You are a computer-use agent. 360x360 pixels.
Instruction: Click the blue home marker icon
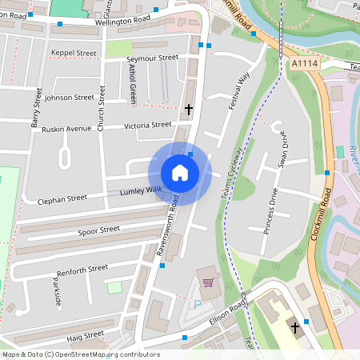(180, 173)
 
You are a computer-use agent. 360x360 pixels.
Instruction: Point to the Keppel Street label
(74, 53)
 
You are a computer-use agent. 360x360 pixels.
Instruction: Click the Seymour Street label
(153, 58)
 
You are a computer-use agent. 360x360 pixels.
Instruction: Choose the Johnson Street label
(70, 98)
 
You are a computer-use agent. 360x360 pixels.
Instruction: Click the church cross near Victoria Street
(190, 108)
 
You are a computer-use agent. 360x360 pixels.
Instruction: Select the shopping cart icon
(209, 282)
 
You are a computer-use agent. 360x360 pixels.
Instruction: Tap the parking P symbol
(198, 305)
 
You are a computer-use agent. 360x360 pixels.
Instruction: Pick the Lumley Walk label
(141, 190)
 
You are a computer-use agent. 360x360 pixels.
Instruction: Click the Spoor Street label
(98, 230)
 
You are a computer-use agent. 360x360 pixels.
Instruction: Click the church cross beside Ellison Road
(294, 327)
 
